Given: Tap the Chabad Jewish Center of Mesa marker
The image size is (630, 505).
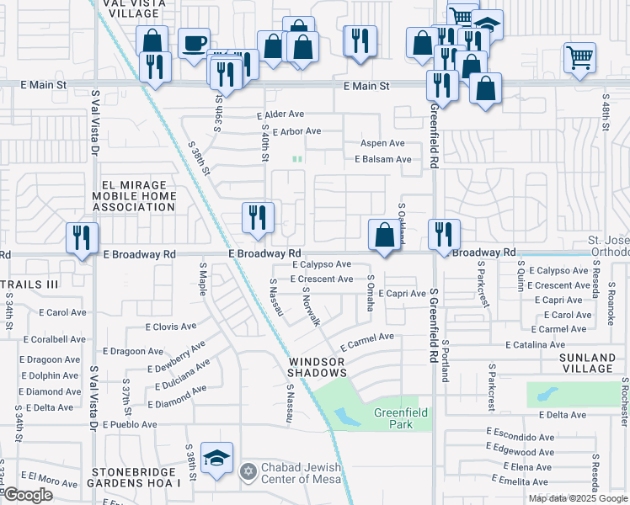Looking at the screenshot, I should coord(247,470).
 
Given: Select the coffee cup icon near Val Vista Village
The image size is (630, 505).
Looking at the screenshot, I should coord(194,44).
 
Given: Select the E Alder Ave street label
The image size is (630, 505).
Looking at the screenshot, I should coord(280,114).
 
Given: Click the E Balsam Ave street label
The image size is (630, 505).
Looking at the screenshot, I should coord(382,159).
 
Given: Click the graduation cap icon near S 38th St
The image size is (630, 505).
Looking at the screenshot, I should coord(218,459).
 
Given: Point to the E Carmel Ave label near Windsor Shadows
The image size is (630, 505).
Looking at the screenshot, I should coord(367,341).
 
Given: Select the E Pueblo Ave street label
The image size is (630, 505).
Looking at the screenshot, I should coord(130,425).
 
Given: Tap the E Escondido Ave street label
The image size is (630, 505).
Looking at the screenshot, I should coord(520,438).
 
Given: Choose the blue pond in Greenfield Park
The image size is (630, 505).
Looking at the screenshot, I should coord(346,416).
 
